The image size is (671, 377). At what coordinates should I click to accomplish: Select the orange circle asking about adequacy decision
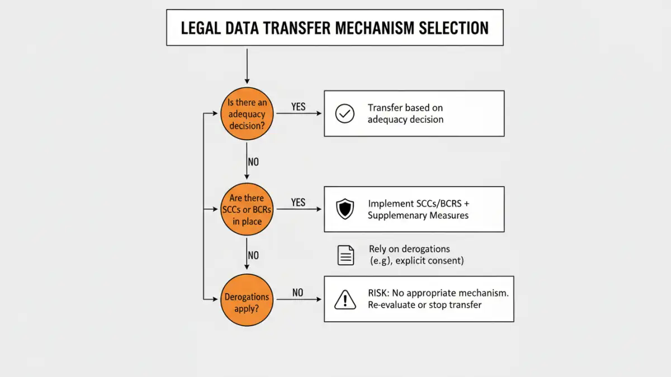(x=247, y=114)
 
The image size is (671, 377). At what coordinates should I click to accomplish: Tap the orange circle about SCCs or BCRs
(x=247, y=209)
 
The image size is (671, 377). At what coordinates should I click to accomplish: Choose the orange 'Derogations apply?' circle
(x=247, y=302)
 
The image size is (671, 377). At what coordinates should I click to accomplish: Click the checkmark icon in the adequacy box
(x=344, y=114)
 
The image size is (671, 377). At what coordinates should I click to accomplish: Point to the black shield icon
(x=344, y=209)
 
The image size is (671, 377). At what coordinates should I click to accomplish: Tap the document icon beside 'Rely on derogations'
(x=346, y=255)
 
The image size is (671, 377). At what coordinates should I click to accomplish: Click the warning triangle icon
(x=345, y=300)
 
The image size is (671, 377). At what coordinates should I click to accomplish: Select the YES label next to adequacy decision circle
(x=298, y=107)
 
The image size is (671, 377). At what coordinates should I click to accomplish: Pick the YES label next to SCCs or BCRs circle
(x=298, y=202)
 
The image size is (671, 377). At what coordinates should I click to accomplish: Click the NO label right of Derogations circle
(x=297, y=293)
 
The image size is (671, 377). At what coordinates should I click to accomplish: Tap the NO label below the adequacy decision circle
(x=253, y=162)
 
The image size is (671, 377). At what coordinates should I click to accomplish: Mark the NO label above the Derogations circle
(x=253, y=255)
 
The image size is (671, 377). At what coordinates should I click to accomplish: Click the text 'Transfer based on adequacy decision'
(x=405, y=113)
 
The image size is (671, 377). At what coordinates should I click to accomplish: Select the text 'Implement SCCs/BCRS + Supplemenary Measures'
(x=422, y=209)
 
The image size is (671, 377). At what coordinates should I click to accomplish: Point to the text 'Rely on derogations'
(x=409, y=249)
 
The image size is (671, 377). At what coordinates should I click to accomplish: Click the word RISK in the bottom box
(x=380, y=293)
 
